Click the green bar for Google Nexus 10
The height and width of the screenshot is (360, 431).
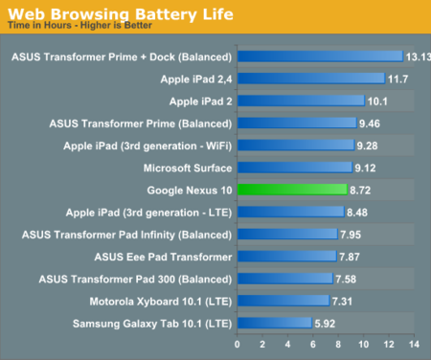tap(292, 190)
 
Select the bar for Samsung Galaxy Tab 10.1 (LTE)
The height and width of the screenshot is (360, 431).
tap(274, 324)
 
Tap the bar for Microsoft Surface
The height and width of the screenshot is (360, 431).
tap(295, 168)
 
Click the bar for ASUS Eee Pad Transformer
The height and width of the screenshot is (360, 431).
tap(286, 257)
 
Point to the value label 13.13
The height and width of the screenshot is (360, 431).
tap(418, 56)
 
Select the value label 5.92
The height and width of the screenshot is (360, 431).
tap(327, 324)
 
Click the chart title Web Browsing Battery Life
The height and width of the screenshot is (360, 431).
tap(100, 12)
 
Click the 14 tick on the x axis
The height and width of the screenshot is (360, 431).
tap(414, 344)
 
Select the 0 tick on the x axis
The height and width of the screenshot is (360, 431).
tap(238, 344)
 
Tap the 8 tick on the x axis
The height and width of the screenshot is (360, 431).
tap(338, 344)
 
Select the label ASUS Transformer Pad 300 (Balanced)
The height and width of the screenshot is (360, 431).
tap(136, 279)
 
